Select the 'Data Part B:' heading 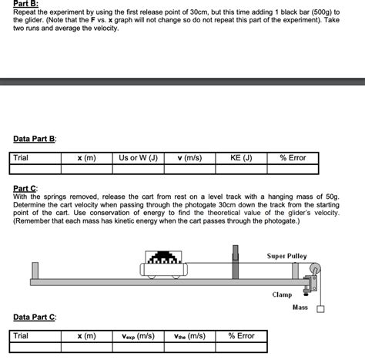pos(35,139)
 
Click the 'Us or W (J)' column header pos(138,158)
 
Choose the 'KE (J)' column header pos(240,158)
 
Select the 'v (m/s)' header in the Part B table pos(189,158)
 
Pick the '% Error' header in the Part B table pos(293,158)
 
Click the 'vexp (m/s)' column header pos(139,336)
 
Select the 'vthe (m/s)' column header pos(189,336)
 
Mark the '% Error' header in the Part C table pos(241,336)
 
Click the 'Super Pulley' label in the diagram pos(286,256)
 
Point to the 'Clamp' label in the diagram pos(281,295)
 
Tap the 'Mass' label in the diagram pos(300,308)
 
